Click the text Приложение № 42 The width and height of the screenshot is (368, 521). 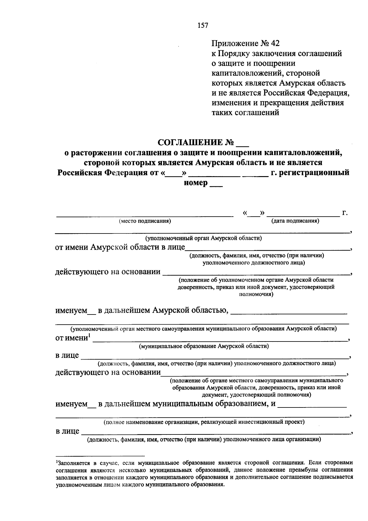click(x=246, y=44)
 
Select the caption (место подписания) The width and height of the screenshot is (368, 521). click(x=145, y=221)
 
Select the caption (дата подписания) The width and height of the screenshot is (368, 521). click(x=295, y=221)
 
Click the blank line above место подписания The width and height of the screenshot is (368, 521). click(x=144, y=216)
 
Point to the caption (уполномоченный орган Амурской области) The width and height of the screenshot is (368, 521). click(x=203, y=238)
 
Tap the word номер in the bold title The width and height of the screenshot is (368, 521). click(x=195, y=183)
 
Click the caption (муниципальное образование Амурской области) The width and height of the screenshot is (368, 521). click(x=204, y=346)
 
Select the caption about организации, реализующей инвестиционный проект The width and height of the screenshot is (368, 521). click(x=204, y=422)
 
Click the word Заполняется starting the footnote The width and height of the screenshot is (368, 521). click(x=73, y=463)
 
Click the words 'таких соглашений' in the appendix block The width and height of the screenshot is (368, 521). click(x=245, y=113)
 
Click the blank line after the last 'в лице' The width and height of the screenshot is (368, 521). click(x=215, y=433)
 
